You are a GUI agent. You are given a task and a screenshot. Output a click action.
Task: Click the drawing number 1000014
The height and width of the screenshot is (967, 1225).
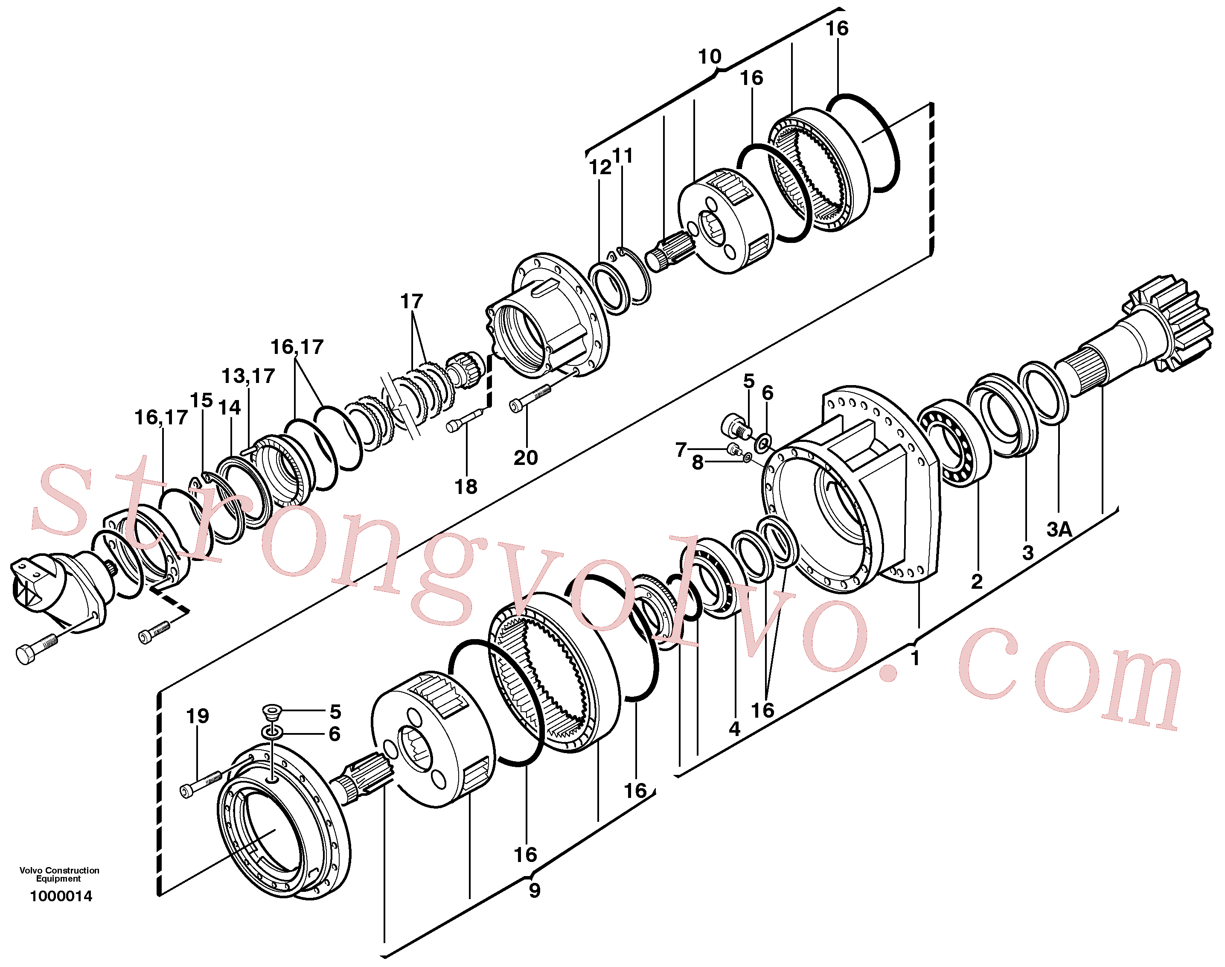[x=61, y=896]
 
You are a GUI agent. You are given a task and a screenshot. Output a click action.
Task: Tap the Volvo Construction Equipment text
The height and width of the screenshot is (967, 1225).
[x=59, y=874]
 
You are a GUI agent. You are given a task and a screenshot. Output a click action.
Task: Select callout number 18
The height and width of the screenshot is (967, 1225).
[x=466, y=486]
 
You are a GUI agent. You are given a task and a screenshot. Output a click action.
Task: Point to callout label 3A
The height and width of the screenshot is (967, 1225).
[x=1059, y=529]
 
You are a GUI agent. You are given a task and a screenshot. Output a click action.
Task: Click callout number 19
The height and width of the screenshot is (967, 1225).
[x=198, y=716]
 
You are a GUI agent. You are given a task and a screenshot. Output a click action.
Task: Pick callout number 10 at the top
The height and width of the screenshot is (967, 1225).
[x=710, y=57]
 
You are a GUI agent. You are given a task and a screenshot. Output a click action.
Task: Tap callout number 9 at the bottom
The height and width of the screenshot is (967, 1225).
[x=534, y=891]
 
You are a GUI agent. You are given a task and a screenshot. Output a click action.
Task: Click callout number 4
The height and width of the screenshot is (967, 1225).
[x=734, y=729]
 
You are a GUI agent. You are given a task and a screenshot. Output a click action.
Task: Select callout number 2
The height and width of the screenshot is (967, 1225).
[x=977, y=581]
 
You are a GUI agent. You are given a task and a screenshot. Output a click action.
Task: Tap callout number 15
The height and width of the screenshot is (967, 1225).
[x=201, y=400]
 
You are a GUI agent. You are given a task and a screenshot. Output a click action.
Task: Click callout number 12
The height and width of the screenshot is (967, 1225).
[x=600, y=168]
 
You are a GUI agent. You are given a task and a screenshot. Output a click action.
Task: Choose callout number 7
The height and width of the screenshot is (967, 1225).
[x=681, y=450]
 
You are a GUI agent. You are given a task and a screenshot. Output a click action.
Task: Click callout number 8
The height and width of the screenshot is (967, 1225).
[x=698, y=462]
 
